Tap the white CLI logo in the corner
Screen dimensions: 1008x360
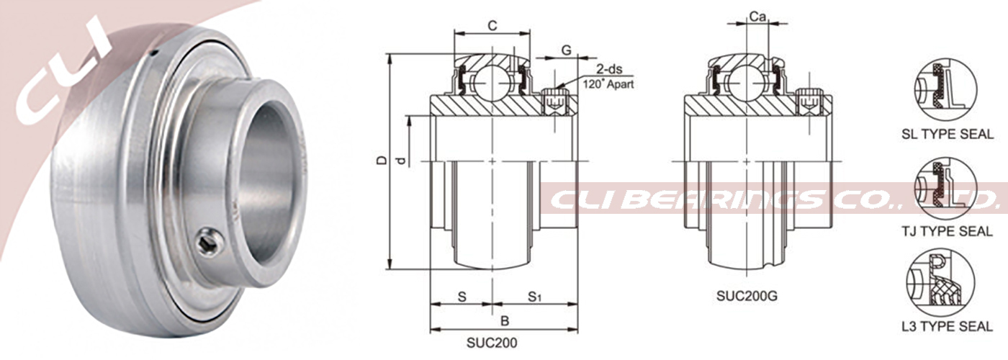[63, 72]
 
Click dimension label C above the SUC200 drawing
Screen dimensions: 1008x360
[492, 26]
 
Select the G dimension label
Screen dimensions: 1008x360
[567, 50]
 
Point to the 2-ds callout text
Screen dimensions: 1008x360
[609, 69]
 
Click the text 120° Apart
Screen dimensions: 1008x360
[608, 84]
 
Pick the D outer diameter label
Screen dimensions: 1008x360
[382, 160]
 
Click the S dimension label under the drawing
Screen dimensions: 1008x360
[462, 297]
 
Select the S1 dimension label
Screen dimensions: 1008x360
[534, 297]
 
